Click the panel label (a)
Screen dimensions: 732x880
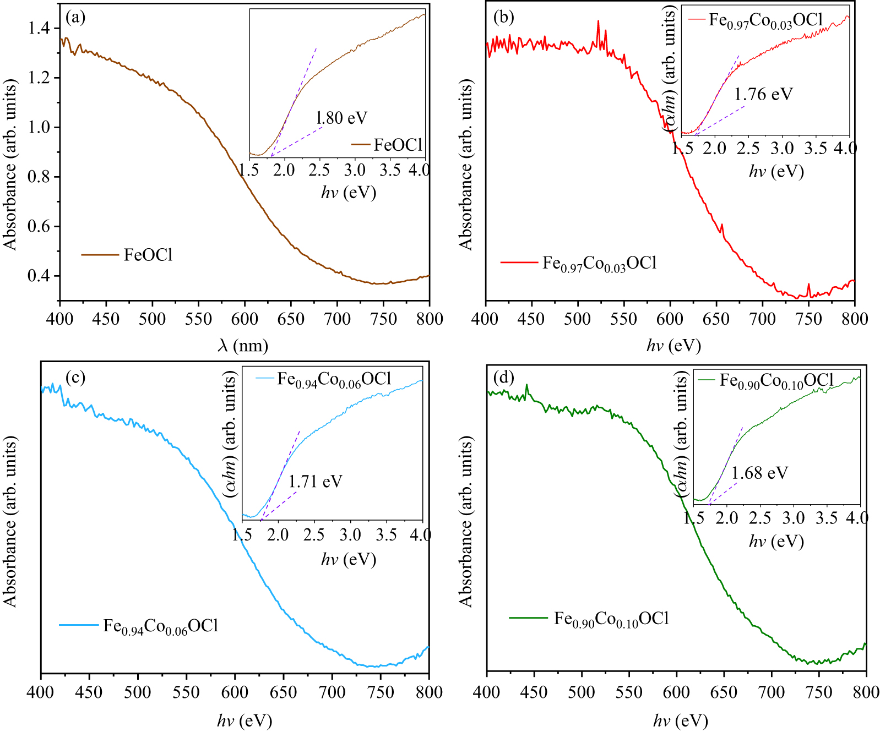click(x=75, y=18)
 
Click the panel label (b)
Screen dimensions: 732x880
click(x=503, y=18)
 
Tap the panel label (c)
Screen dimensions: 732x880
click(x=75, y=378)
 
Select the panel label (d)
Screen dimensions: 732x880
click(x=504, y=378)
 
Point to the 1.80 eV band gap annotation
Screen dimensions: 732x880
click(x=341, y=118)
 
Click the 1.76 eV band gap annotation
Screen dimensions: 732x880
click(x=763, y=95)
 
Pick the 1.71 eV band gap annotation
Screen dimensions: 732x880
click(x=315, y=482)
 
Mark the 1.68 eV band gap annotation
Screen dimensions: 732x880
click(x=759, y=473)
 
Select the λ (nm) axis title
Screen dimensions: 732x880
click(x=243, y=346)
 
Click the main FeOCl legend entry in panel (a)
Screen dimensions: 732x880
click(x=148, y=255)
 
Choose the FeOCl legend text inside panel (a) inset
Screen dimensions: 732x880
click(x=398, y=145)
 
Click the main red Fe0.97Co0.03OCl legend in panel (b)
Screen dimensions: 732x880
click(x=599, y=264)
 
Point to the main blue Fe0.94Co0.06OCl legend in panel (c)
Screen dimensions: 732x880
click(x=160, y=626)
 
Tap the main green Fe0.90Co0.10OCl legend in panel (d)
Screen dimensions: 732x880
click(x=611, y=619)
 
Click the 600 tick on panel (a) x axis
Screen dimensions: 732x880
click(x=245, y=319)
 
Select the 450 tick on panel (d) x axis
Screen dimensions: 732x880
click(x=534, y=692)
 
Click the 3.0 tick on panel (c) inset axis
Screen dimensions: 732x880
click(x=350, y=534)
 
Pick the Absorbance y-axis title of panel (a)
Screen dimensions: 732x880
click(x=10, y=165)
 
